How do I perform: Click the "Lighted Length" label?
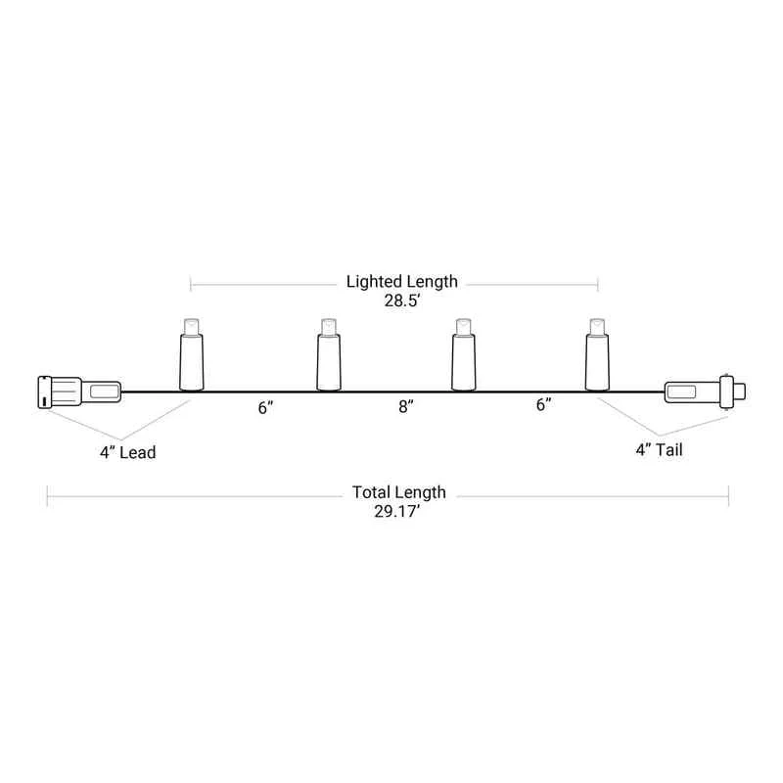click(x=401, y=282)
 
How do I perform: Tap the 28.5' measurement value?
click(x=401, y=301)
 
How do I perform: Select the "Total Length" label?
click(x=401, y=492)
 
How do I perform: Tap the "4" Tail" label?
click(x=656, y=450)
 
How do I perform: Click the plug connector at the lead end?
click(x=78, y=392)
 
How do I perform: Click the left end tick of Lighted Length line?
click(x=191, y=286)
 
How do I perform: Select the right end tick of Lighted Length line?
click(x=597, y=286)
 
